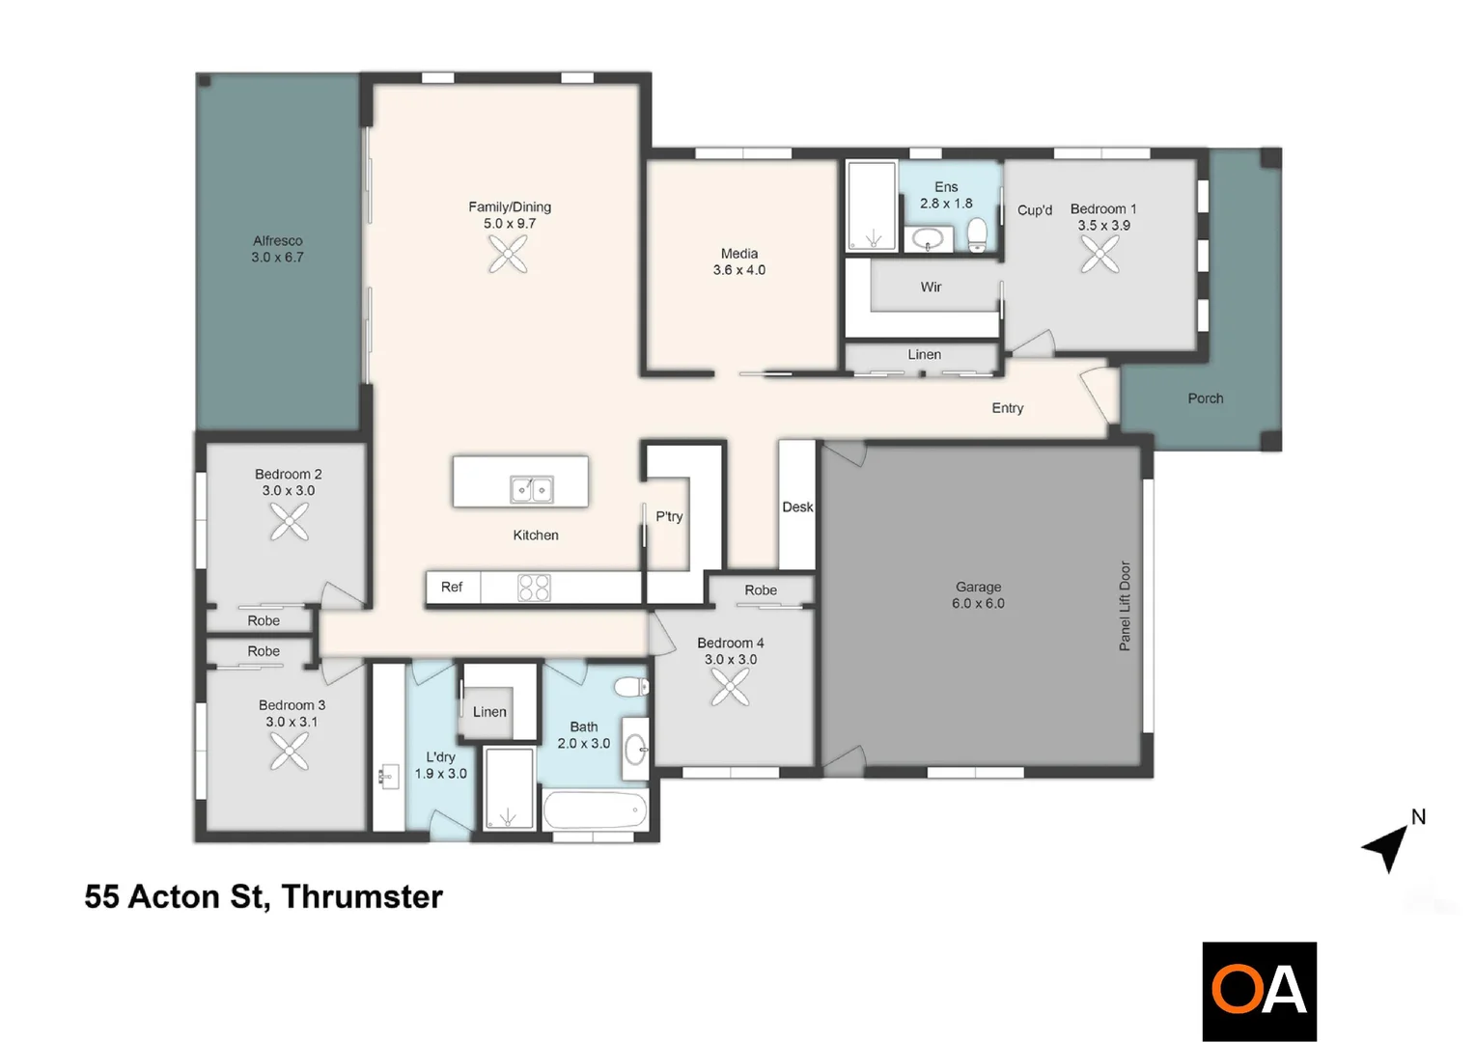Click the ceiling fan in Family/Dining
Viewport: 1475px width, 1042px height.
(x=508, y=256)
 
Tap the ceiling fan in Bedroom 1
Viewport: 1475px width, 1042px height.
(x=1099, y=255)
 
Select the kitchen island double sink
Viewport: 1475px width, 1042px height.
(x=531, y=490)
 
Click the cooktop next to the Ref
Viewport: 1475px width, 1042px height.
(x=534, y=588)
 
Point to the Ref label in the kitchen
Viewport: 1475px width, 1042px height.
(x=452, y=587)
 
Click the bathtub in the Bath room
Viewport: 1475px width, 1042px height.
(x=595, y=810)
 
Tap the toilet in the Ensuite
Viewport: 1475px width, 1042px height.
(x=977, y=233)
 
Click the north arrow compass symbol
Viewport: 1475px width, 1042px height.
(x=1387, y=847)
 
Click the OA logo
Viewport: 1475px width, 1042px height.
(x=1259, y=991)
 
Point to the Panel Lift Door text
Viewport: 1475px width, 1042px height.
(x=1125, y=606)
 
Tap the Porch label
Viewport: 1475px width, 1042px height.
(x=1205, y=398)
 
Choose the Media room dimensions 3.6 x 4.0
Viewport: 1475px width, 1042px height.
(x=738, y=270)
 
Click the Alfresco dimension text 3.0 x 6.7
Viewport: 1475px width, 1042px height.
(x=277, y=258)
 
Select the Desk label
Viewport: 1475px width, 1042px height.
(x=797, y=507)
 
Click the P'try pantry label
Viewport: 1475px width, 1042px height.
(x=669, y=516)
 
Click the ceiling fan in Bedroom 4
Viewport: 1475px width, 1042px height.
(x=730, y=687)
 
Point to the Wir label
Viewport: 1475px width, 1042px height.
(x=931, y=287)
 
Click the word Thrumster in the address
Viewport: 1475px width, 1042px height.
(x=362, y=896)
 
